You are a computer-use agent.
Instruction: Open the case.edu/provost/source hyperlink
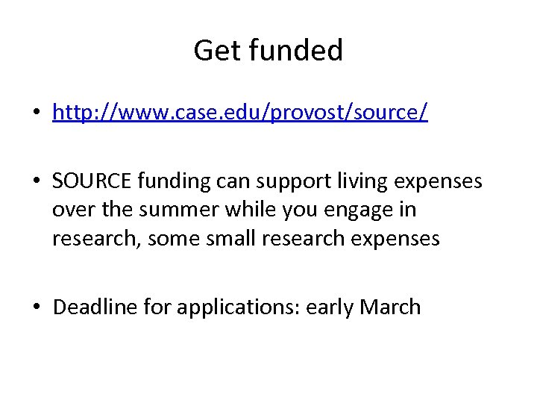[x=240, y=113]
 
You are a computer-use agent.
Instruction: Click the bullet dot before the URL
[x=35, y=113]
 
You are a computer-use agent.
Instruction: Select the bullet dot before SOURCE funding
[x=35, y=181]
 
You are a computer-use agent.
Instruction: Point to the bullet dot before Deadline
[x=35, y=307]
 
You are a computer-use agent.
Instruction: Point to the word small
[x=241, y=239]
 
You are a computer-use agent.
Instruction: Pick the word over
[x=74, y=210]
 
